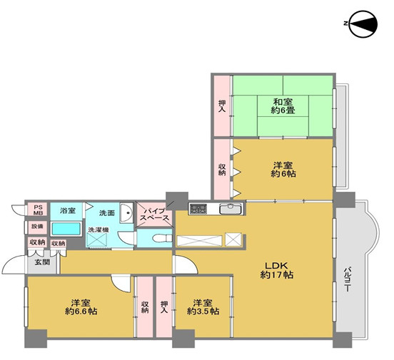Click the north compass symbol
[363, 24]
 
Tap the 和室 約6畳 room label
[283, 106]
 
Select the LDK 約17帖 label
[276, 270]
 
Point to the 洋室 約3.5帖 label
[203, 307]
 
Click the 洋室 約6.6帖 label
[81, 307]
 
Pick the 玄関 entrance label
[42, 262]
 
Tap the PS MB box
[39, 210]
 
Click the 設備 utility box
[37, 227]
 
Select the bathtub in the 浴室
[66, 229]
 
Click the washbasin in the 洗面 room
[126, 212]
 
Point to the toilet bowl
[162, 238]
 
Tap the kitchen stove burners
[198, 209]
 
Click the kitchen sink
[231, 209]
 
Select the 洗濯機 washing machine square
[96, 240]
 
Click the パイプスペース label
[154, 214]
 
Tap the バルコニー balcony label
[347, 279]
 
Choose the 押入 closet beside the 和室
[222, 106]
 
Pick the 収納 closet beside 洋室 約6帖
[222, 170]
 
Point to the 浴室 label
[67, 210]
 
